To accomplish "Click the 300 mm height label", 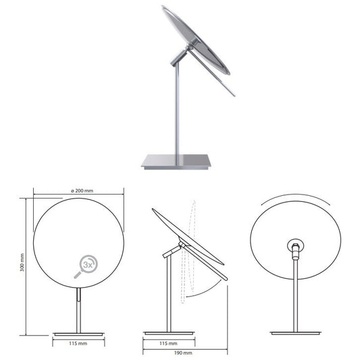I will tap(22, 266).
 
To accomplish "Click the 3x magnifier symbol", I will tap(86, 265).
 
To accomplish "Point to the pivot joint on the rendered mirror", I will tap(180, 56).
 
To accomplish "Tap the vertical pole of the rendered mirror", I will tap(178, 108).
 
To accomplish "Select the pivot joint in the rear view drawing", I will tap(294, 248).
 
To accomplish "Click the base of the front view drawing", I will tap(78, 334).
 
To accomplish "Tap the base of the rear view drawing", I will tap(295, 332).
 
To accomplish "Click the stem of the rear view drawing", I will tap(295, 297).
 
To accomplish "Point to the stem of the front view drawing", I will tap(78, 311).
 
